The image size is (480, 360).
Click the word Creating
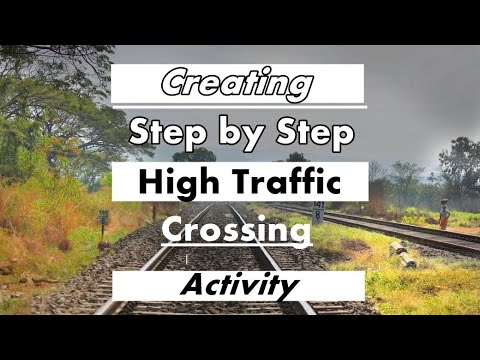click(x=237, y=83)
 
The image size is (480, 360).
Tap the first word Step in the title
click(x=167, y=133)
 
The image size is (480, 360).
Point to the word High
click(x=179, y=184)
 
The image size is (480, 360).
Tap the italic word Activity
click(x=239, y=285)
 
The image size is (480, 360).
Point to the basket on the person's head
click(x=445, y=201)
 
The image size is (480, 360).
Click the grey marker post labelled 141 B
click(x=318, y=213)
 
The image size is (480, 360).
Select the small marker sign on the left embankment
click(x=103, y=218)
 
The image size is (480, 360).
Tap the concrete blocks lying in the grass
click(x=403, y=255)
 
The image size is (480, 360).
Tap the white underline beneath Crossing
click(x=237, y=245)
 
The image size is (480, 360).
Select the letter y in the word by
click(x=251, y=138)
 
